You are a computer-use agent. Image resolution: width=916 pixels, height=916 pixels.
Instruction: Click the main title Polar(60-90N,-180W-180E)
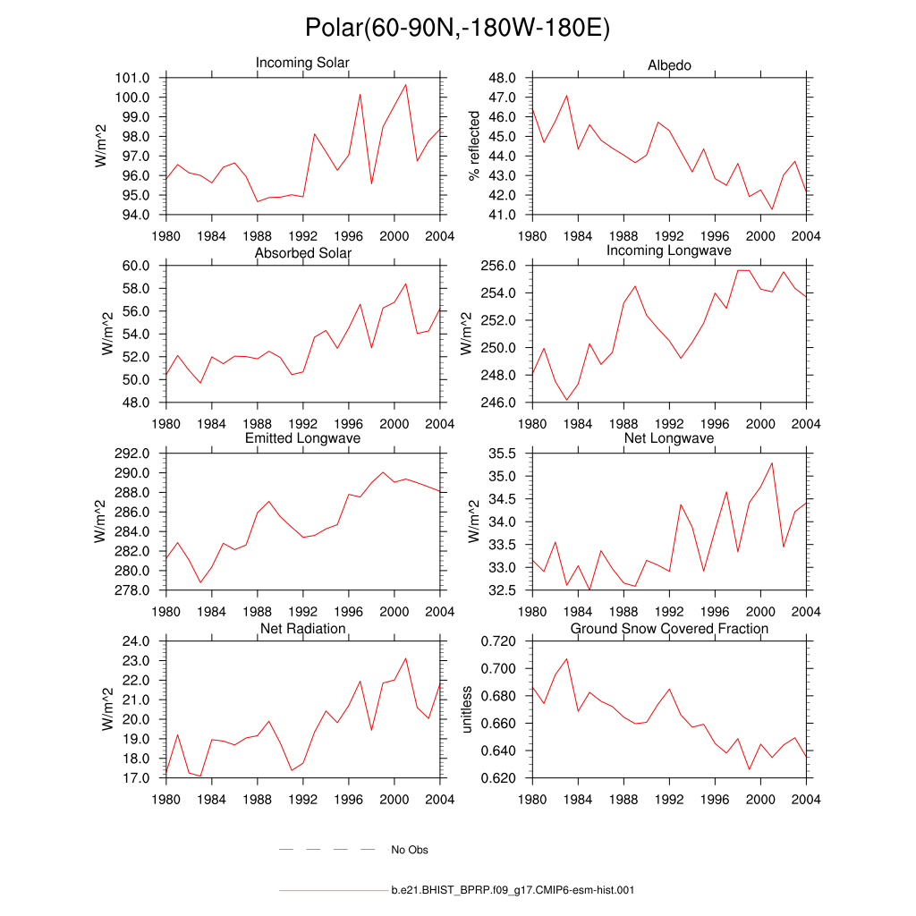[x=457, y=28]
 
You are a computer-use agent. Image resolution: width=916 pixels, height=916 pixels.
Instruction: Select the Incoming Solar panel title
[x=302, y=63]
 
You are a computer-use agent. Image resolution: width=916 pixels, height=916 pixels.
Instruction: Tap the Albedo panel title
[x=669, y=65]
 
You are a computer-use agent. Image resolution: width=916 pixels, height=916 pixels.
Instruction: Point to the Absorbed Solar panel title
[x=302, y=253]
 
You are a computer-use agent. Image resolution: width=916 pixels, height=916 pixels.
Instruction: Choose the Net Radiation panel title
[x=302, y=629]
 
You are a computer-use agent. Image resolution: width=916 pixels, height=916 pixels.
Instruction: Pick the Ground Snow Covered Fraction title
[x=669, y=629]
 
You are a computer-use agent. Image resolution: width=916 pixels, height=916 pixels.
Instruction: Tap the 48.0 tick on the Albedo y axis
[x=504, y=78]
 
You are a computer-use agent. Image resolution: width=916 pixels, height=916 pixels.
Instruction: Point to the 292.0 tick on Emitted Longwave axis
[x=134, y=454]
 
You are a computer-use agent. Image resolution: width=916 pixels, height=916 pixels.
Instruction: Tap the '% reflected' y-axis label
[x=474, y=146]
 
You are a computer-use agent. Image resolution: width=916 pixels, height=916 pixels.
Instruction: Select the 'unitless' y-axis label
[x=465, y=709]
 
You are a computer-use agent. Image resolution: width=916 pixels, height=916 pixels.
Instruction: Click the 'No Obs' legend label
[x=410, y=850]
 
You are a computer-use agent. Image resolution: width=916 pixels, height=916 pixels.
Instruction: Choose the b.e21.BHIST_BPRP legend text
[x=513, y=890]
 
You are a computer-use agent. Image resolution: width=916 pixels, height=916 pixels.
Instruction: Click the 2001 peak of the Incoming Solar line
[x=406, y=85]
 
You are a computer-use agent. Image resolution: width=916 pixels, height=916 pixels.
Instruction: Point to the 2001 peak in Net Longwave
[x=772, y=462]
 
